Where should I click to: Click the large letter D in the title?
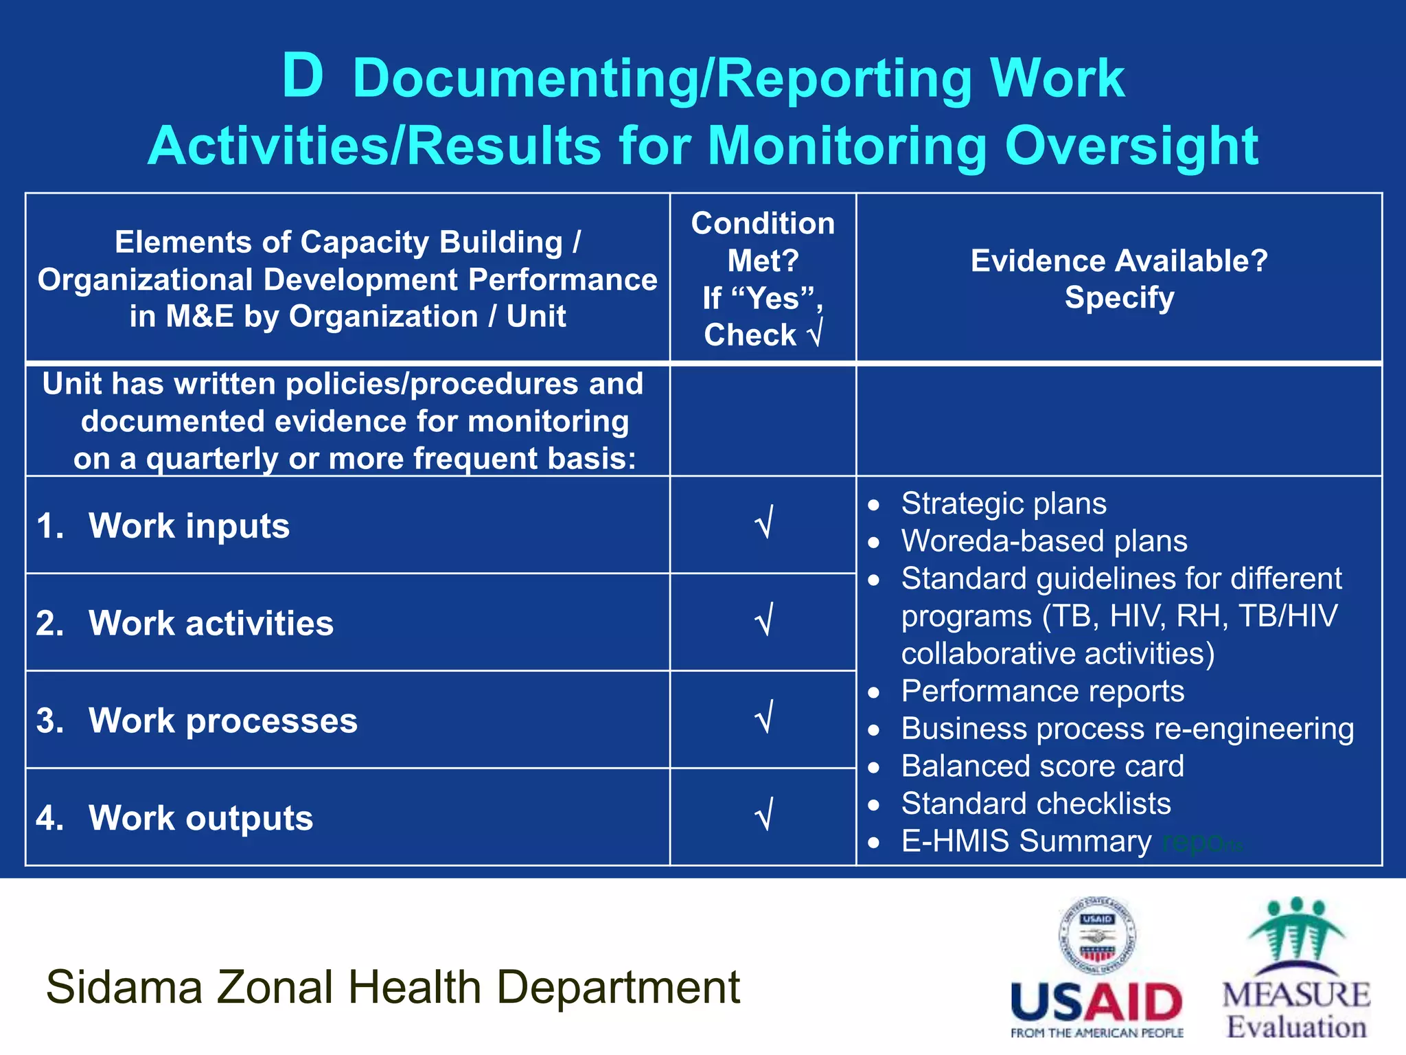[303, 76]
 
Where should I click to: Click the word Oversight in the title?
[1131, 146]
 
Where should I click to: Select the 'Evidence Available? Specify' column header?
[1118, 279]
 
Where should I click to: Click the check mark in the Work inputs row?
[764, 523]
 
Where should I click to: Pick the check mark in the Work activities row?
[764, 621]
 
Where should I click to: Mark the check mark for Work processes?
[764, 718]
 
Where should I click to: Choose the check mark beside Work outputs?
[764, 816]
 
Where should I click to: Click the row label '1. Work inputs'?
[163, 526]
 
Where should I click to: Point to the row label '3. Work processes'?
[197, 721]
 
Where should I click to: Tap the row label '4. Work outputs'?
[175, 819]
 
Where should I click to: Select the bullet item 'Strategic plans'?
[1003, 503]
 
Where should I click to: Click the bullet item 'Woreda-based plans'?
[1044, 541]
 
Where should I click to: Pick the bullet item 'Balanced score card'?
[1042, 766]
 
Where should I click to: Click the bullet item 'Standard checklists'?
[1035, 804]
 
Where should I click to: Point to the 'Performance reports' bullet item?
[1042, 691]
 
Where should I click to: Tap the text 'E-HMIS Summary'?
[1026, 841]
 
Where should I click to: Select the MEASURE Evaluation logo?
[1296, 968]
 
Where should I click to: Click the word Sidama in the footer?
[124, 988]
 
